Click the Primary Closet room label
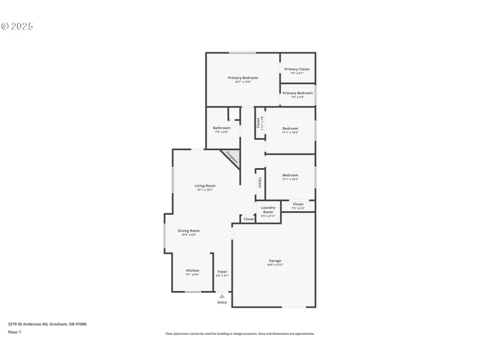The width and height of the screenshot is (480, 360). point(297,70)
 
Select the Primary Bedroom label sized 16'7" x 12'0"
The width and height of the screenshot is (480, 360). point(243,78)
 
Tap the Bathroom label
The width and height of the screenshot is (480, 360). point(221,128)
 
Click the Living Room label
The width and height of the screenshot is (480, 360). point(205,186)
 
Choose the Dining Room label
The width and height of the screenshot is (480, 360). point(188,231)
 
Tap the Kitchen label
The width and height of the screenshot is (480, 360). point(192,271)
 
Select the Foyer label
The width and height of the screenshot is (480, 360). point(222,272)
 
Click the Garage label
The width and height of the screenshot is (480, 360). point(275,261)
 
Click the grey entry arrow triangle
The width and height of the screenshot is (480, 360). point(222,296)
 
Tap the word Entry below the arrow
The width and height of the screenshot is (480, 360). point(222,302)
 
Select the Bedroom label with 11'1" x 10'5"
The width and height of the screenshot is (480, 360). point(290,128)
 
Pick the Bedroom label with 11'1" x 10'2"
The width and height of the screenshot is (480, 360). point(290,176)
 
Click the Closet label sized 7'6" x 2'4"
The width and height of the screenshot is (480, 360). point(298,205)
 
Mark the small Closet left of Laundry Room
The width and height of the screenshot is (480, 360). point(248,219)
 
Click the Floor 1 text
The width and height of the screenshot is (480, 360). point(14,332)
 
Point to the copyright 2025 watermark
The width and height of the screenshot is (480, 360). point(17,26)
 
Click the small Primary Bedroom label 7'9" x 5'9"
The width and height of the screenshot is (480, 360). point(298,94)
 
